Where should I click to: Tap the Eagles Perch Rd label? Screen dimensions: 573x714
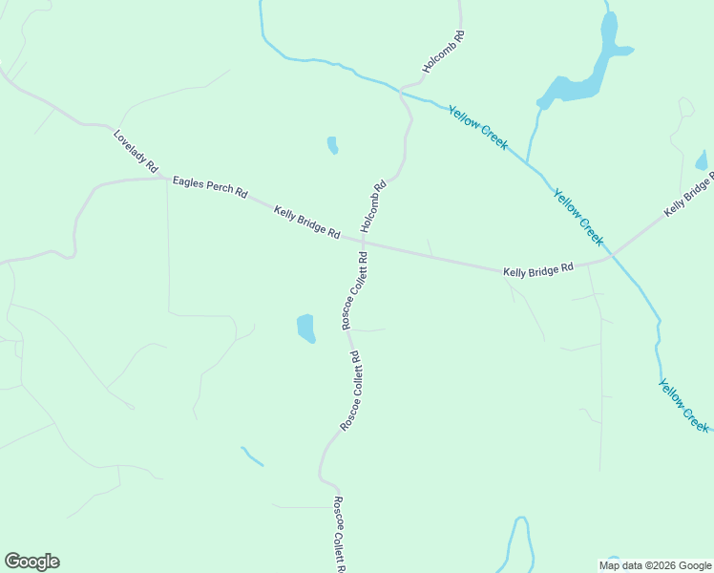[x=210, y=187]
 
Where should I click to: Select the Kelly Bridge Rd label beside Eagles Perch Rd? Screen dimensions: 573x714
[x=306, y=222]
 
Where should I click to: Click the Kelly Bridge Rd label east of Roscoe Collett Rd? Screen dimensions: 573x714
[x=538, y=271]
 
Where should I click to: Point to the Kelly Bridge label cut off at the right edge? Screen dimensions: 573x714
[x=689, y=195]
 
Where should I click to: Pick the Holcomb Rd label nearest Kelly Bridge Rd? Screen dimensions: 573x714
[x=373, y=206]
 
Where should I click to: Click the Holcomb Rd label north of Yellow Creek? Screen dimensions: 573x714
[x=444, y=53]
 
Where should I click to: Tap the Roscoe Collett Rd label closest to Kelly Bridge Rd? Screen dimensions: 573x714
[x=352, y=291]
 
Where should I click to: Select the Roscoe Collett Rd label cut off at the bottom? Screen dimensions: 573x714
[x=338, y=535]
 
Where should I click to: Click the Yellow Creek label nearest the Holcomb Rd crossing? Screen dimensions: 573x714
[x=478, y=128]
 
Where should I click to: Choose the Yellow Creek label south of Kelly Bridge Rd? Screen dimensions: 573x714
[x=683, y=405]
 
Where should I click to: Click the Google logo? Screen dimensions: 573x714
[x=31, y=562]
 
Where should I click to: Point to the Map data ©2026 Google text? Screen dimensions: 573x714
[x=656, y=565]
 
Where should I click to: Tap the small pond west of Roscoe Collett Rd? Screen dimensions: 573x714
[x=305, y=328]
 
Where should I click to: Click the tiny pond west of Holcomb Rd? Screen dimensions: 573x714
[x=332, y=145]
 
